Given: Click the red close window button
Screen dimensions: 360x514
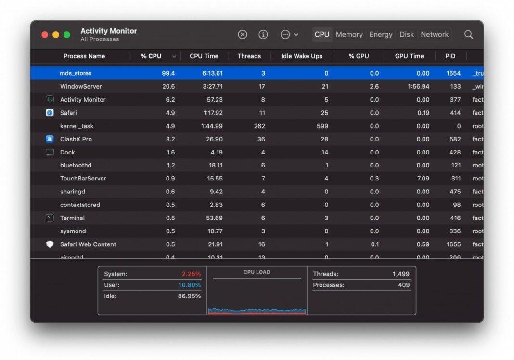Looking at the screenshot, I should [x=45, y=35].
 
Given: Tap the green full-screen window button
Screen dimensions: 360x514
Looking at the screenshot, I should [x=67, y=35].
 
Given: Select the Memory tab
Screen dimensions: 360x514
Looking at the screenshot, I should [x=349, y=34].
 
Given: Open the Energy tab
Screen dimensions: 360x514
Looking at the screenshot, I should [x=381, y=34].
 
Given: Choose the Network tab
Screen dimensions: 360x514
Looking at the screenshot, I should [x=434, y=34].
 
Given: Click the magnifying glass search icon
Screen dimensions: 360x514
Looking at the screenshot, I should [x=468, y=35].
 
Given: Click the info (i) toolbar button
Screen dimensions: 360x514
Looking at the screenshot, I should [x=263, y=35].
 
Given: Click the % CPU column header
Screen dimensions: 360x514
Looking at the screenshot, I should [x=151, y=56].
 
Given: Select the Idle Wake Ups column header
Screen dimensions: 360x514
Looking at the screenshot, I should [x=302, y=56].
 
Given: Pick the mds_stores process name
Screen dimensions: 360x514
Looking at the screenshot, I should [x=76, y=73].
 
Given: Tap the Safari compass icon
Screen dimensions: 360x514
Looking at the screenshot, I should [x=50, y=113].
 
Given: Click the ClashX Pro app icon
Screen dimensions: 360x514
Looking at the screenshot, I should [x=50, y=139].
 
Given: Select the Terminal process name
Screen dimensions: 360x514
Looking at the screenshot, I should [x=72, y=218].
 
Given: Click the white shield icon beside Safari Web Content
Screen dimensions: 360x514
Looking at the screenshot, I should [x=50, y=244].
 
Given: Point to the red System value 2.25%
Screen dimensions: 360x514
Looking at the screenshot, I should [x=191, y=274].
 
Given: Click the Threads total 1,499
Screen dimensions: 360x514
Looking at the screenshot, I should [x=400, y=274].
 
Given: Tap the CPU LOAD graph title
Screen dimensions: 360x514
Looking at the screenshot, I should [x=257, y=272].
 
